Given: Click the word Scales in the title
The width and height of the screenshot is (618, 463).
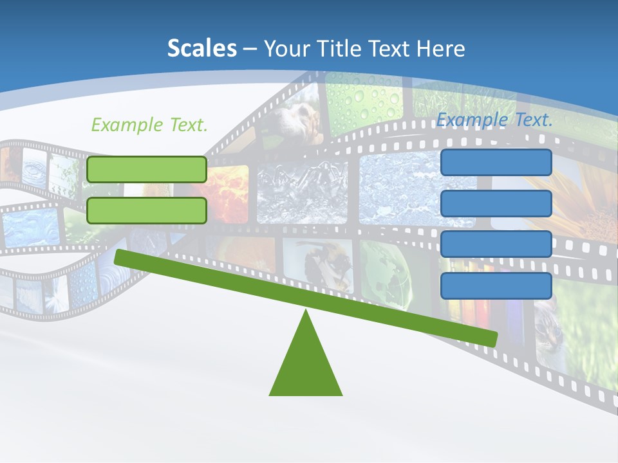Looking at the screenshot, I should click(201, 48).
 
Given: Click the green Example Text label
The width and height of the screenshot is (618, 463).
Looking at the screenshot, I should click(149, 125).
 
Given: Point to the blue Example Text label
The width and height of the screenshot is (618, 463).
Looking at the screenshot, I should click(494, 120).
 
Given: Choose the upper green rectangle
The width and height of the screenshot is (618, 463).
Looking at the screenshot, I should click(147, 169).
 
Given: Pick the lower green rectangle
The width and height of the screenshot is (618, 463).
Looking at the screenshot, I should click(147, 210).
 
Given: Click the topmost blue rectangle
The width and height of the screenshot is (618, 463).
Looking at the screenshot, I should click(496, 163).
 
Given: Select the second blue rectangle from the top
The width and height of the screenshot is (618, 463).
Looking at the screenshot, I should click(496, 203).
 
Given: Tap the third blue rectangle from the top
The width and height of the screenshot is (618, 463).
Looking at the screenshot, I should click(496, 244).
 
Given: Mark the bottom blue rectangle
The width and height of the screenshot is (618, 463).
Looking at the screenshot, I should click(496, 286).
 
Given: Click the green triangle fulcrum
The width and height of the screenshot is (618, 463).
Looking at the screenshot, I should click(306, 367).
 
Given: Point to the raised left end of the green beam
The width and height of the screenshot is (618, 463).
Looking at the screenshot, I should click(120, 257).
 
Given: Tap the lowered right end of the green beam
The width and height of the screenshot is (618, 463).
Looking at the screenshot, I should click(492, 338).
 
